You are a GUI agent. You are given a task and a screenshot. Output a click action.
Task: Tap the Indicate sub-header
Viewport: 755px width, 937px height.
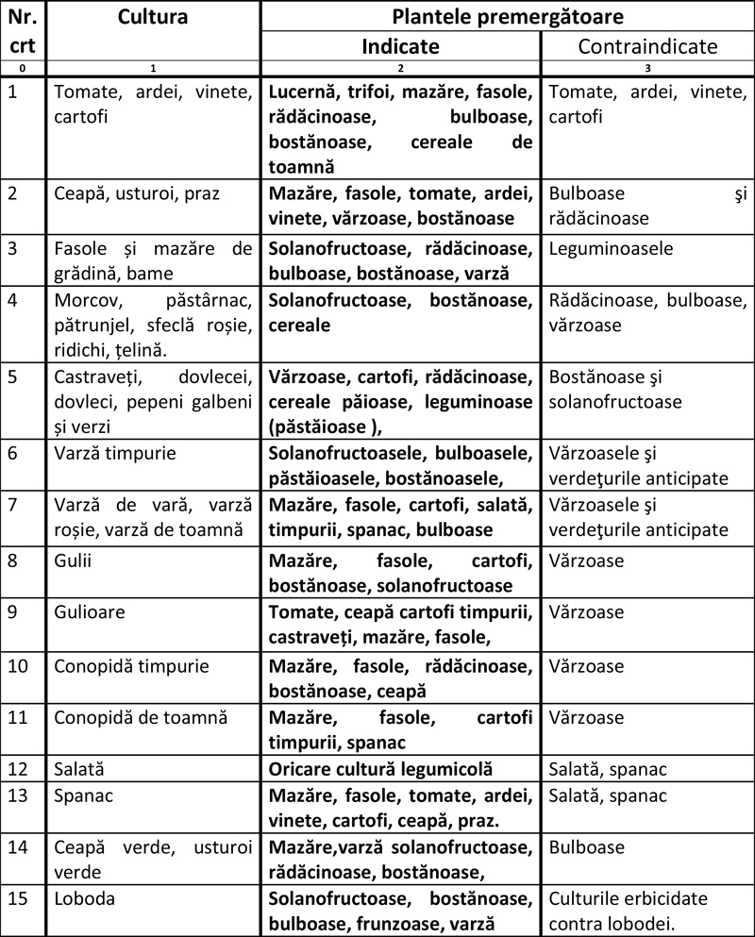pos(400,46)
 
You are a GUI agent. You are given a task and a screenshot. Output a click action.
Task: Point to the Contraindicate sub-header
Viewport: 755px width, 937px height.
pos(647,46)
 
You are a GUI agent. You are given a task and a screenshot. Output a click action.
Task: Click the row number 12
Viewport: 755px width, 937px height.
pos(19,770)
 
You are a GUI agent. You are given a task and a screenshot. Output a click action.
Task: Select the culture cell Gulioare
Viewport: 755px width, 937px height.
pos(92,612)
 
